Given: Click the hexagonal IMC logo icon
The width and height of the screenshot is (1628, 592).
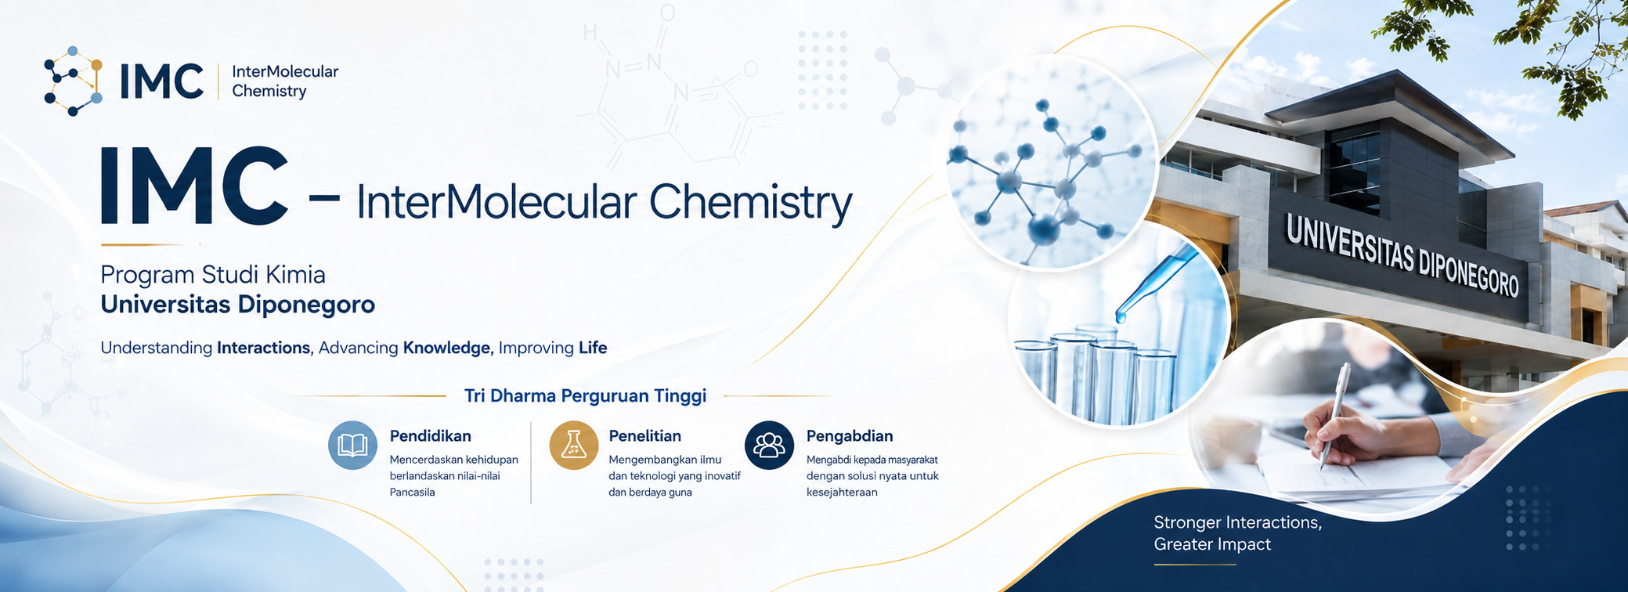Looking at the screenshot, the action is (73, 81).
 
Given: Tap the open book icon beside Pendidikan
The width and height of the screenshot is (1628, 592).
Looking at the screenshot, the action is (352, 445).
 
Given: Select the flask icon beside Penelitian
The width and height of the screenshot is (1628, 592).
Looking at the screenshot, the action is (573, 445).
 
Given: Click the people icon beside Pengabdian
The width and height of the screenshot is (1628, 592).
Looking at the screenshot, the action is (769, 445).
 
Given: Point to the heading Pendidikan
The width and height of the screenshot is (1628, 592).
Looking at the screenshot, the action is (430, 435).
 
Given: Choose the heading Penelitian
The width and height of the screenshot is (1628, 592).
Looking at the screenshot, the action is (644, 435).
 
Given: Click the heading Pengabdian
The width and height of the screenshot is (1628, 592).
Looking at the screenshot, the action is (850, 435).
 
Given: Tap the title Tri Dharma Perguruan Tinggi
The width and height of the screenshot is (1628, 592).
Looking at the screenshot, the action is (585, 395).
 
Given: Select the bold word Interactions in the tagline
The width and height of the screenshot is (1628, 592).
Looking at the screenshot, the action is (264, 348).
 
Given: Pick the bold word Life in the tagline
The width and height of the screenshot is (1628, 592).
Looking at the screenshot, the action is (593, 348).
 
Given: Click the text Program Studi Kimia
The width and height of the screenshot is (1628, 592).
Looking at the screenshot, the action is (213, 275).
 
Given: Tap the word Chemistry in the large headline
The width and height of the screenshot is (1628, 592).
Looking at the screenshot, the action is (750, 202).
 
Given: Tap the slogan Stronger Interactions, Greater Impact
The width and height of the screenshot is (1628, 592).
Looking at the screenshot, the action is (1237, 533).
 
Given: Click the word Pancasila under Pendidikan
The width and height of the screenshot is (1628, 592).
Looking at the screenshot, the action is (412, 493).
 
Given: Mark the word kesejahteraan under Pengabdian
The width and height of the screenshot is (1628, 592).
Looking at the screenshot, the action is (842, 493).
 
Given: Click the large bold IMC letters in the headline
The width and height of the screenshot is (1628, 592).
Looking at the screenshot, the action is (193, 186).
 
